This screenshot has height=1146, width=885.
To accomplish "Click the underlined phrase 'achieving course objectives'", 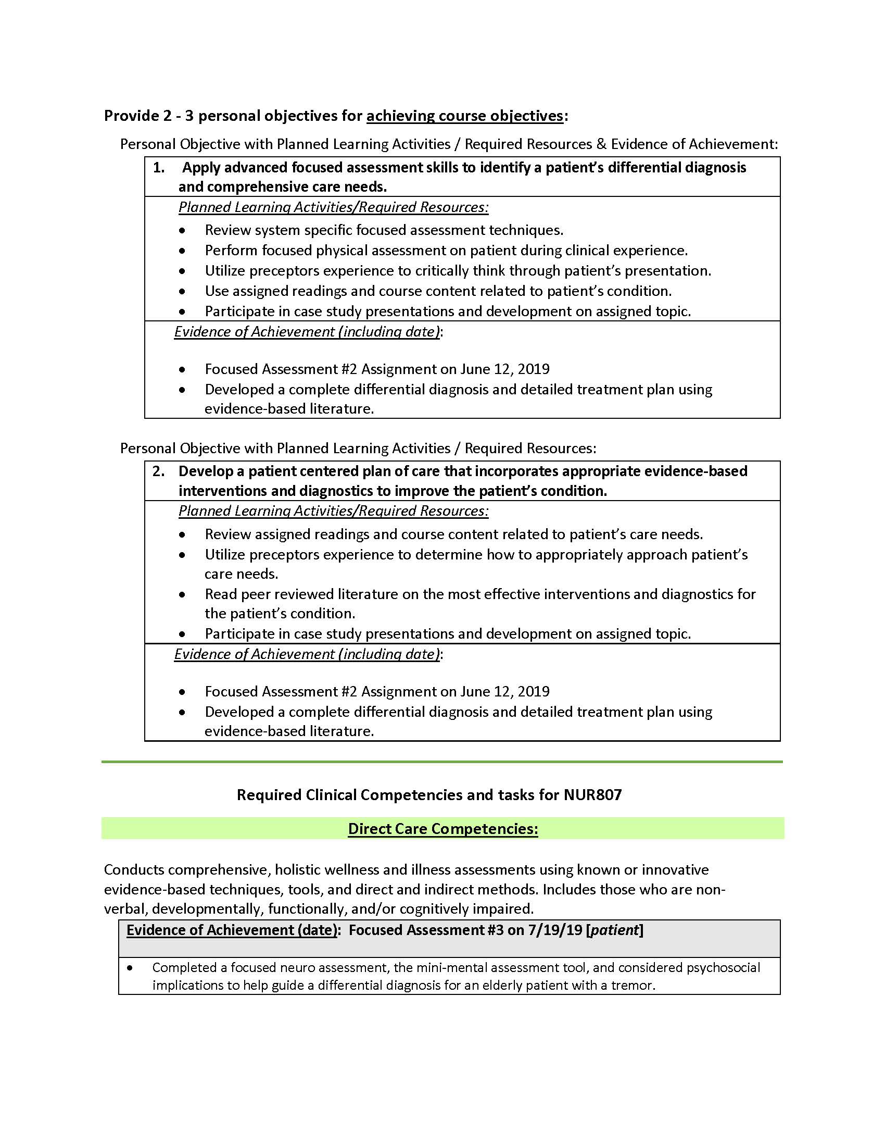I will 464,116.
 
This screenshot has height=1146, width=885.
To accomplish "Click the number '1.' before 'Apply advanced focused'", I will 158,168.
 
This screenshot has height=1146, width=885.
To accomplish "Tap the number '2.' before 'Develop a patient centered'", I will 158,471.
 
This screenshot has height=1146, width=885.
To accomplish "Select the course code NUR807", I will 592,795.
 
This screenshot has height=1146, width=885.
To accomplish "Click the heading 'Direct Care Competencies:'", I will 443,829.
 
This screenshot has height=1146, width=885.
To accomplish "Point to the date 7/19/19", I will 555,930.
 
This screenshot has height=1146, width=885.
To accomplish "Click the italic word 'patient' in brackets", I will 614,930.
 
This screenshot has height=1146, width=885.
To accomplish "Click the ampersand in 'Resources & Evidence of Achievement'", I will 601,144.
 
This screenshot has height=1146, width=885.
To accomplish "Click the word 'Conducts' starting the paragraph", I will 134,870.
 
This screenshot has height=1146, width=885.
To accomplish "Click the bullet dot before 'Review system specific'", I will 182,231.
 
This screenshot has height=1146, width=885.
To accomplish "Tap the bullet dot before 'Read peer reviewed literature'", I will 182,595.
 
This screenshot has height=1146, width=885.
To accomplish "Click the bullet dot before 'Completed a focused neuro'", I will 130,967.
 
